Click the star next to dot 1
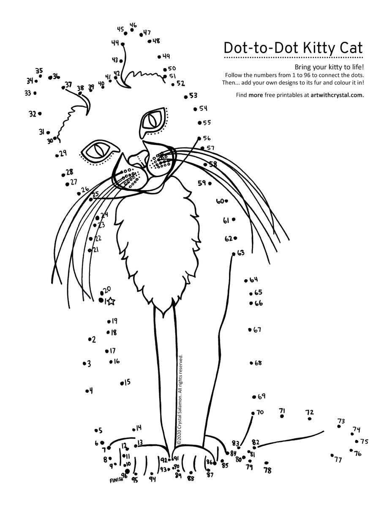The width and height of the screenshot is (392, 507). coord(111,301)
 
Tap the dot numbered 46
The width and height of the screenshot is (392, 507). coord(132,30)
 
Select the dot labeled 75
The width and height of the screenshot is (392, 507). coord(357,442)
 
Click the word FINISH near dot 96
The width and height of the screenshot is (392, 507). coord(116,480)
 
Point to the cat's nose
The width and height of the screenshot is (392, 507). coord(139,159)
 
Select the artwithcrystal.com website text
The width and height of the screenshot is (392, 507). coord(337,95)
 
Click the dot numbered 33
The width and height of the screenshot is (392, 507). coord(35,93)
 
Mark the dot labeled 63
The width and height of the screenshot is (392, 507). coord(234,254)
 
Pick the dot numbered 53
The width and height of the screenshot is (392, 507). coord(185,97)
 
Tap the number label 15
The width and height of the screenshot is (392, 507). coord(127,382)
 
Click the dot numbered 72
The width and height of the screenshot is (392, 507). coord(310,419)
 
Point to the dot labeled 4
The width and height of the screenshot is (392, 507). coord(87,391)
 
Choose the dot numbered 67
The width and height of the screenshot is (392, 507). coord(250,330)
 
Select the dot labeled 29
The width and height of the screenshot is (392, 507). coord(57,155)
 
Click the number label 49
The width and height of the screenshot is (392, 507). coord(166,56)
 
